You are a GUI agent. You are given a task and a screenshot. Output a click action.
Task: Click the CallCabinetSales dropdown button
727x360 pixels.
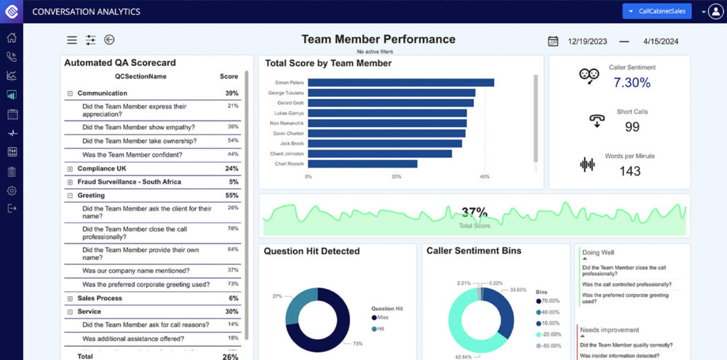656,11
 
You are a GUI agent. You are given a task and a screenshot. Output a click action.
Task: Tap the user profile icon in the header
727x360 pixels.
716,11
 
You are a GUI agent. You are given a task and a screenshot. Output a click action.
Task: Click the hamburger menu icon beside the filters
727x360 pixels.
72,40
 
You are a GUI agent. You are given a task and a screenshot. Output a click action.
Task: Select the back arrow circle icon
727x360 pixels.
109,40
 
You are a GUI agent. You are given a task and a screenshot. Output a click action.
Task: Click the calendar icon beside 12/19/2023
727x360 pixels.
553,41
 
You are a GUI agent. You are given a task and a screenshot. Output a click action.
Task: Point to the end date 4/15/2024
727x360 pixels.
660,41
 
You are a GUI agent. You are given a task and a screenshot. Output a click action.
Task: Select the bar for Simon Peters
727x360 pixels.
401,82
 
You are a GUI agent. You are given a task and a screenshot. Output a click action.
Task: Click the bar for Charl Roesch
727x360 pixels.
363,164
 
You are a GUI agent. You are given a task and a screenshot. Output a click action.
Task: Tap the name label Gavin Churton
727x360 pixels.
287,133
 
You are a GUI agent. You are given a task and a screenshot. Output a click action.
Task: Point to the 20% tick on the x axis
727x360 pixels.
396,177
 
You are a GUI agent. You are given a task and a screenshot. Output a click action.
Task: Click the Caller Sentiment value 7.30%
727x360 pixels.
631,83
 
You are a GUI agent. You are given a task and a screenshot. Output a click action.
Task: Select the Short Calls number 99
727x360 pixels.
631,127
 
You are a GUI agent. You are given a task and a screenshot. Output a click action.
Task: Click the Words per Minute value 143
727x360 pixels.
630,171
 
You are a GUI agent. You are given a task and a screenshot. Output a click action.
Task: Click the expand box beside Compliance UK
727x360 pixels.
70,169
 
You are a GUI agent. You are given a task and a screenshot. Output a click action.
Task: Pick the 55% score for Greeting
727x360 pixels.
232,195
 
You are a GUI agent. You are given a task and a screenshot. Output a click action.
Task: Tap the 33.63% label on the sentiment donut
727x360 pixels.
518,290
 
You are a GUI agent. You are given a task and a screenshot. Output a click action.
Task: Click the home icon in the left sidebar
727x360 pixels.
11,37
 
